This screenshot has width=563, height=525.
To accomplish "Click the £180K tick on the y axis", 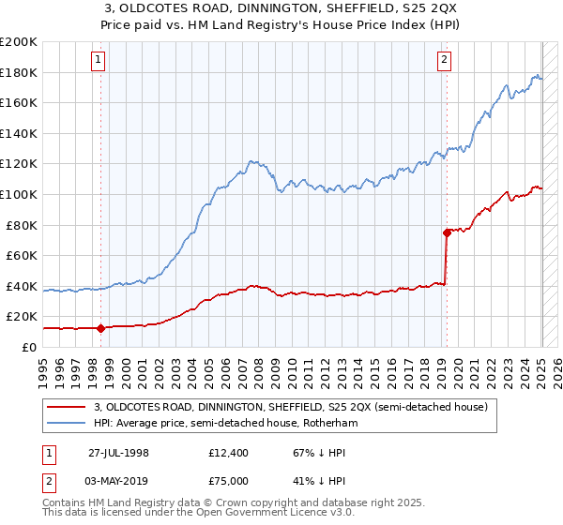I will coord(19,72).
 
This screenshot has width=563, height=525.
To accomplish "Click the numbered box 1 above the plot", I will coord(99,60).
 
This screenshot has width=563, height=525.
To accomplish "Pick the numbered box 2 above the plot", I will coord(444,60).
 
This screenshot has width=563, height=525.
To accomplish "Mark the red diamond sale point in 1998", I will coord(100,328).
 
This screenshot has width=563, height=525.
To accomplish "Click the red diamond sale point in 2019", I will coord(447,232).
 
